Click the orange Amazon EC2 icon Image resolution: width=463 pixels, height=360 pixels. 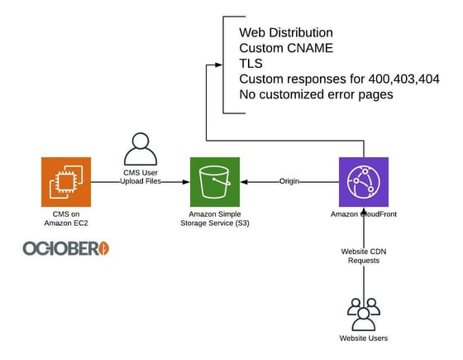point(66,181)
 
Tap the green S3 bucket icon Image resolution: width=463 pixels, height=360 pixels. point(215,181)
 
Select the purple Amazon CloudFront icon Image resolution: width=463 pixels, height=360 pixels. point(364,181)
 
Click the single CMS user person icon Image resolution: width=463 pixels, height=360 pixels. point(140,148)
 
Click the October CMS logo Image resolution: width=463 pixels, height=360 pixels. point(66,248)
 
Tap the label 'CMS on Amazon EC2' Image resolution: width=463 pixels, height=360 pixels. point(66,219)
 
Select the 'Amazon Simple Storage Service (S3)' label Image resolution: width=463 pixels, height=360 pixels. point(215,219)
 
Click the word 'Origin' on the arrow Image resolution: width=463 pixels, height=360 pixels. point(289,181)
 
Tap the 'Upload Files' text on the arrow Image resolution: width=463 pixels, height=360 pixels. point(140,181)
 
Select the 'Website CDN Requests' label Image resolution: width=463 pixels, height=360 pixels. point(365,255)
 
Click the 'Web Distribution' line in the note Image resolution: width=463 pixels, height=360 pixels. point(286,32)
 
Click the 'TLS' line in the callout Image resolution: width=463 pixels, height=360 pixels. point(251,63)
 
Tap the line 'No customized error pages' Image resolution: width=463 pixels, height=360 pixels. point(317,94)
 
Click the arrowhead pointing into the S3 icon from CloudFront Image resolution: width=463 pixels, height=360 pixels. point(245,181)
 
